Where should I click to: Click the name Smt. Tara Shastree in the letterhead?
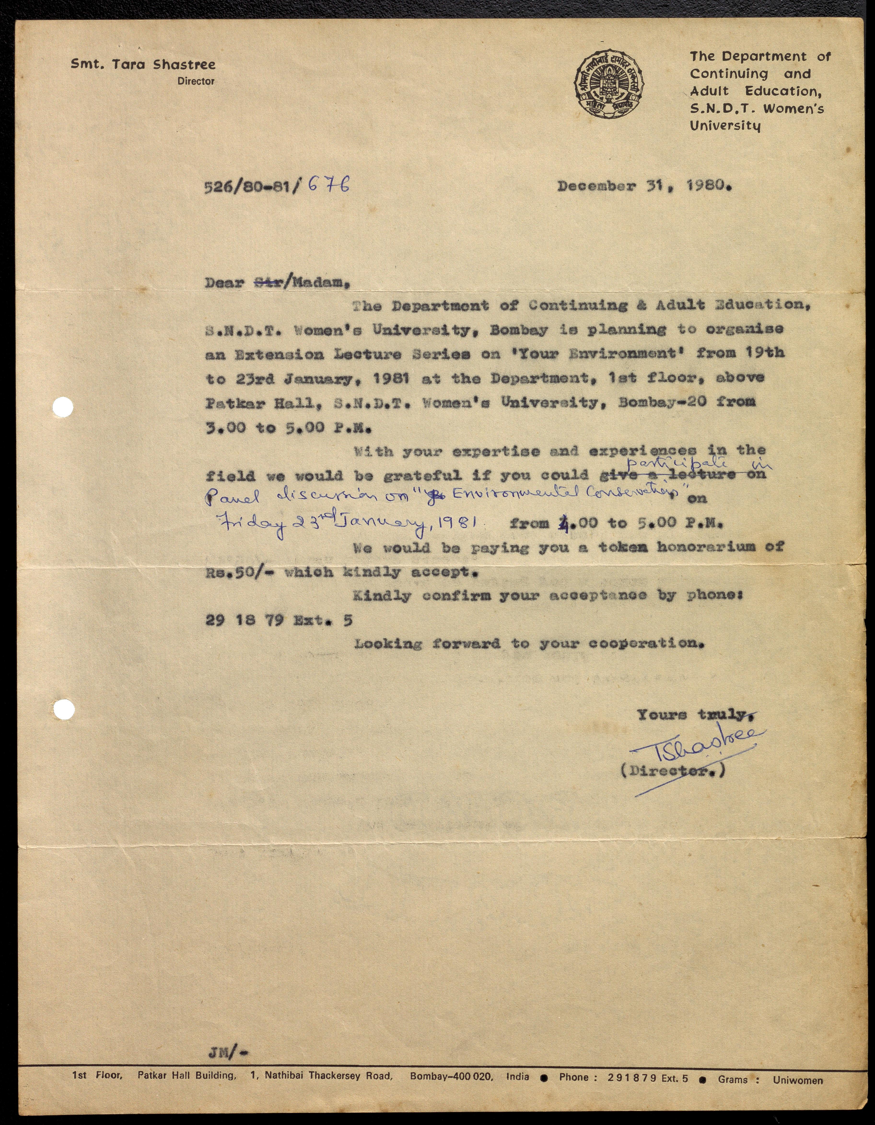tap(143, 64)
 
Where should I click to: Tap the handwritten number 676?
tap(329, 184)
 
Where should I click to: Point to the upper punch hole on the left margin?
tap(63, 408)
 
